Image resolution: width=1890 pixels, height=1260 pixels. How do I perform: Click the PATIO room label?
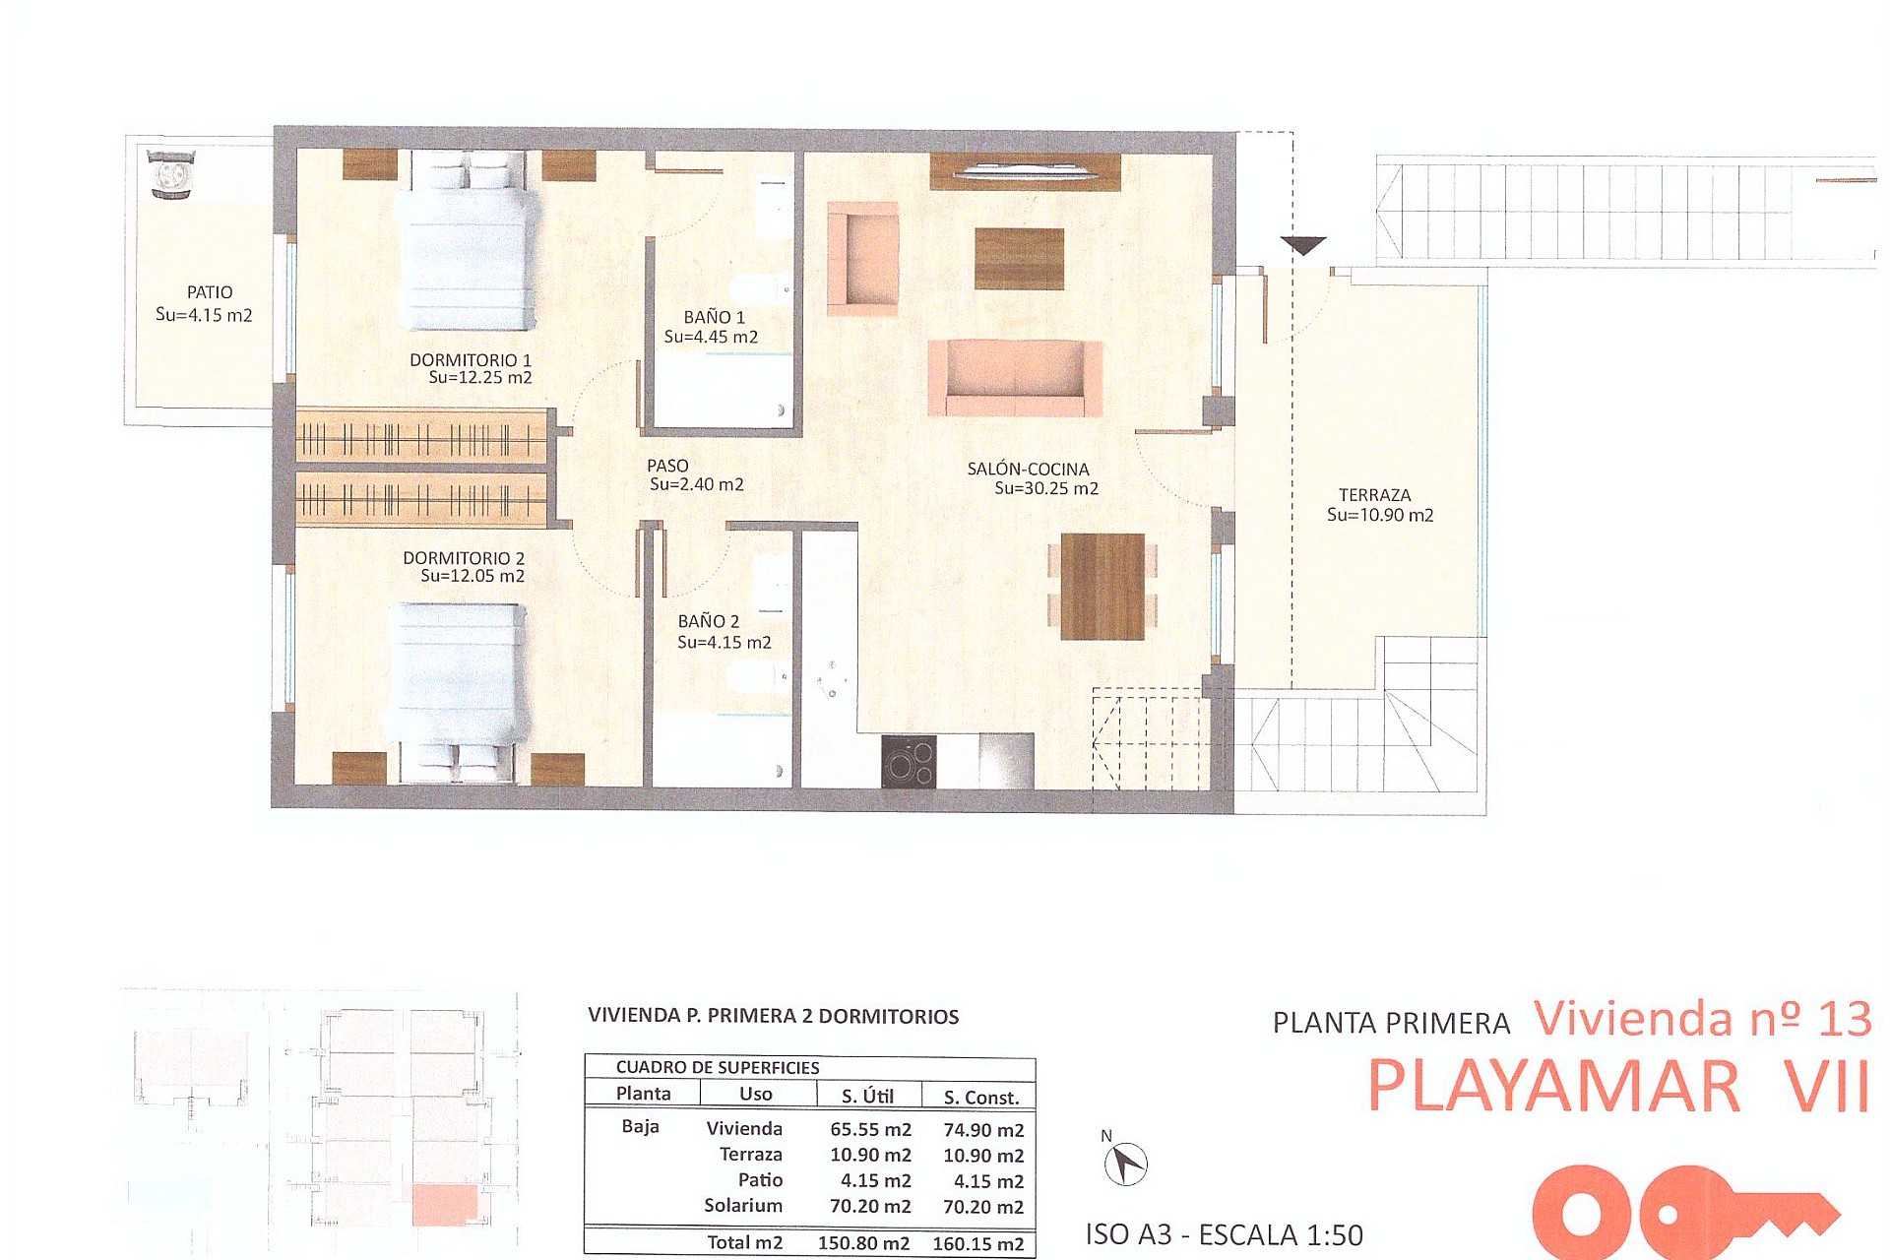[210, 292]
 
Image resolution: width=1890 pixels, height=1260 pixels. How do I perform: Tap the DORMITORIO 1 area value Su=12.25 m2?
[479, 378]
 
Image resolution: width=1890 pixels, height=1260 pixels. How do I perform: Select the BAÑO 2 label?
[708, 621]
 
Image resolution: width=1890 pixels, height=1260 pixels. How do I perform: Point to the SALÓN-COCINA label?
[1028, 470]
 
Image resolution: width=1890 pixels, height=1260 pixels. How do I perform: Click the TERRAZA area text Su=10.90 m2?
[1380, 515]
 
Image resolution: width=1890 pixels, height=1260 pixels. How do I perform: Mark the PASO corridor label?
[667, 466]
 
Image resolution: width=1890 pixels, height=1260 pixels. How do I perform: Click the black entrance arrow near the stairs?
[1303, 245]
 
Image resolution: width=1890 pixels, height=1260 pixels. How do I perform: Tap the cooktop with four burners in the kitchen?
[908, 763]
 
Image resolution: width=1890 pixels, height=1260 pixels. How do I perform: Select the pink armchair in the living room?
[863, 258]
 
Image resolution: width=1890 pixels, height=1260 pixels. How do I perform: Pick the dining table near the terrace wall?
[1102, 587]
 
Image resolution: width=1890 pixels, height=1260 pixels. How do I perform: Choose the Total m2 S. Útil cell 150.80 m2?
[863, 1243]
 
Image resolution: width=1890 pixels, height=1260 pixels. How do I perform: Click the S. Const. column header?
[980, 1097]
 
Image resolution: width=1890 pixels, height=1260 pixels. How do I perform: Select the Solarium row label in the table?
[742, 1206]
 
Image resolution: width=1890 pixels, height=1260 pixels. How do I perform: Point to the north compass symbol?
[1125, 1164]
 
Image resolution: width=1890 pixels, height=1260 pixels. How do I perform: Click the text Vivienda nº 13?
[1702, 1018]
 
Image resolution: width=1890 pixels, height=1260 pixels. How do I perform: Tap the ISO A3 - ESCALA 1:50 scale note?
[1224, 1234]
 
